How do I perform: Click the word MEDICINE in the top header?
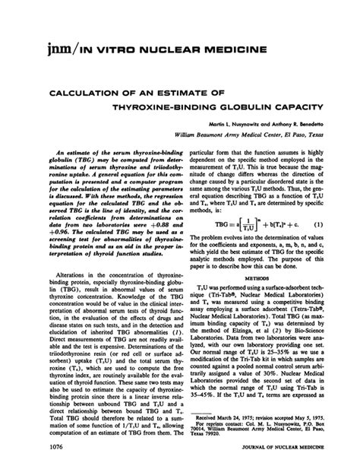pos(232,51)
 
